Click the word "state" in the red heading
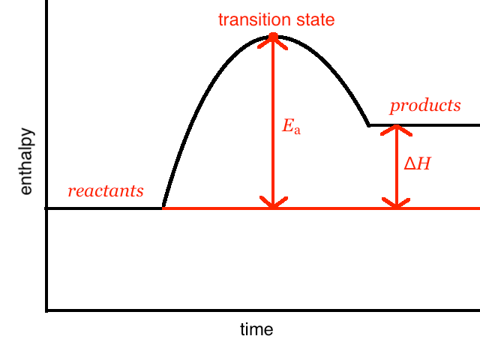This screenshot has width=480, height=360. (313, 19)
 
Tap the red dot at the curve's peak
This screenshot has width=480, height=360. (273, 36)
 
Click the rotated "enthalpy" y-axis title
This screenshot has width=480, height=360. (26, 162)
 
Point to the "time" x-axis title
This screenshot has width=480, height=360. (256, 329)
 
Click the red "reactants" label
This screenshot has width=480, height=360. (106, 191)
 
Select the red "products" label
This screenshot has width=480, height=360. (425, 106)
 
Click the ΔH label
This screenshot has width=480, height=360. (417, 163)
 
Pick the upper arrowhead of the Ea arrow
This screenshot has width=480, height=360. (273, 43)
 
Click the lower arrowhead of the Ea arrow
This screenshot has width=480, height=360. (273, 202)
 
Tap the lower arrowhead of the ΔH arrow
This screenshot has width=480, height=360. (396, 202)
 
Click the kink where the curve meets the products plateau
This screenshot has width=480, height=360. (368, 125)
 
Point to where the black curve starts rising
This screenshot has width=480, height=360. (163, 208)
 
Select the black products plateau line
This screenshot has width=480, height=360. (442, 125)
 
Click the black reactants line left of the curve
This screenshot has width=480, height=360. (105, 208)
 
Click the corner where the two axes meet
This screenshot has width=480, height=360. (47, 309)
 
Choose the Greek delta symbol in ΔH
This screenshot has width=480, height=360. (410, 163)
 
